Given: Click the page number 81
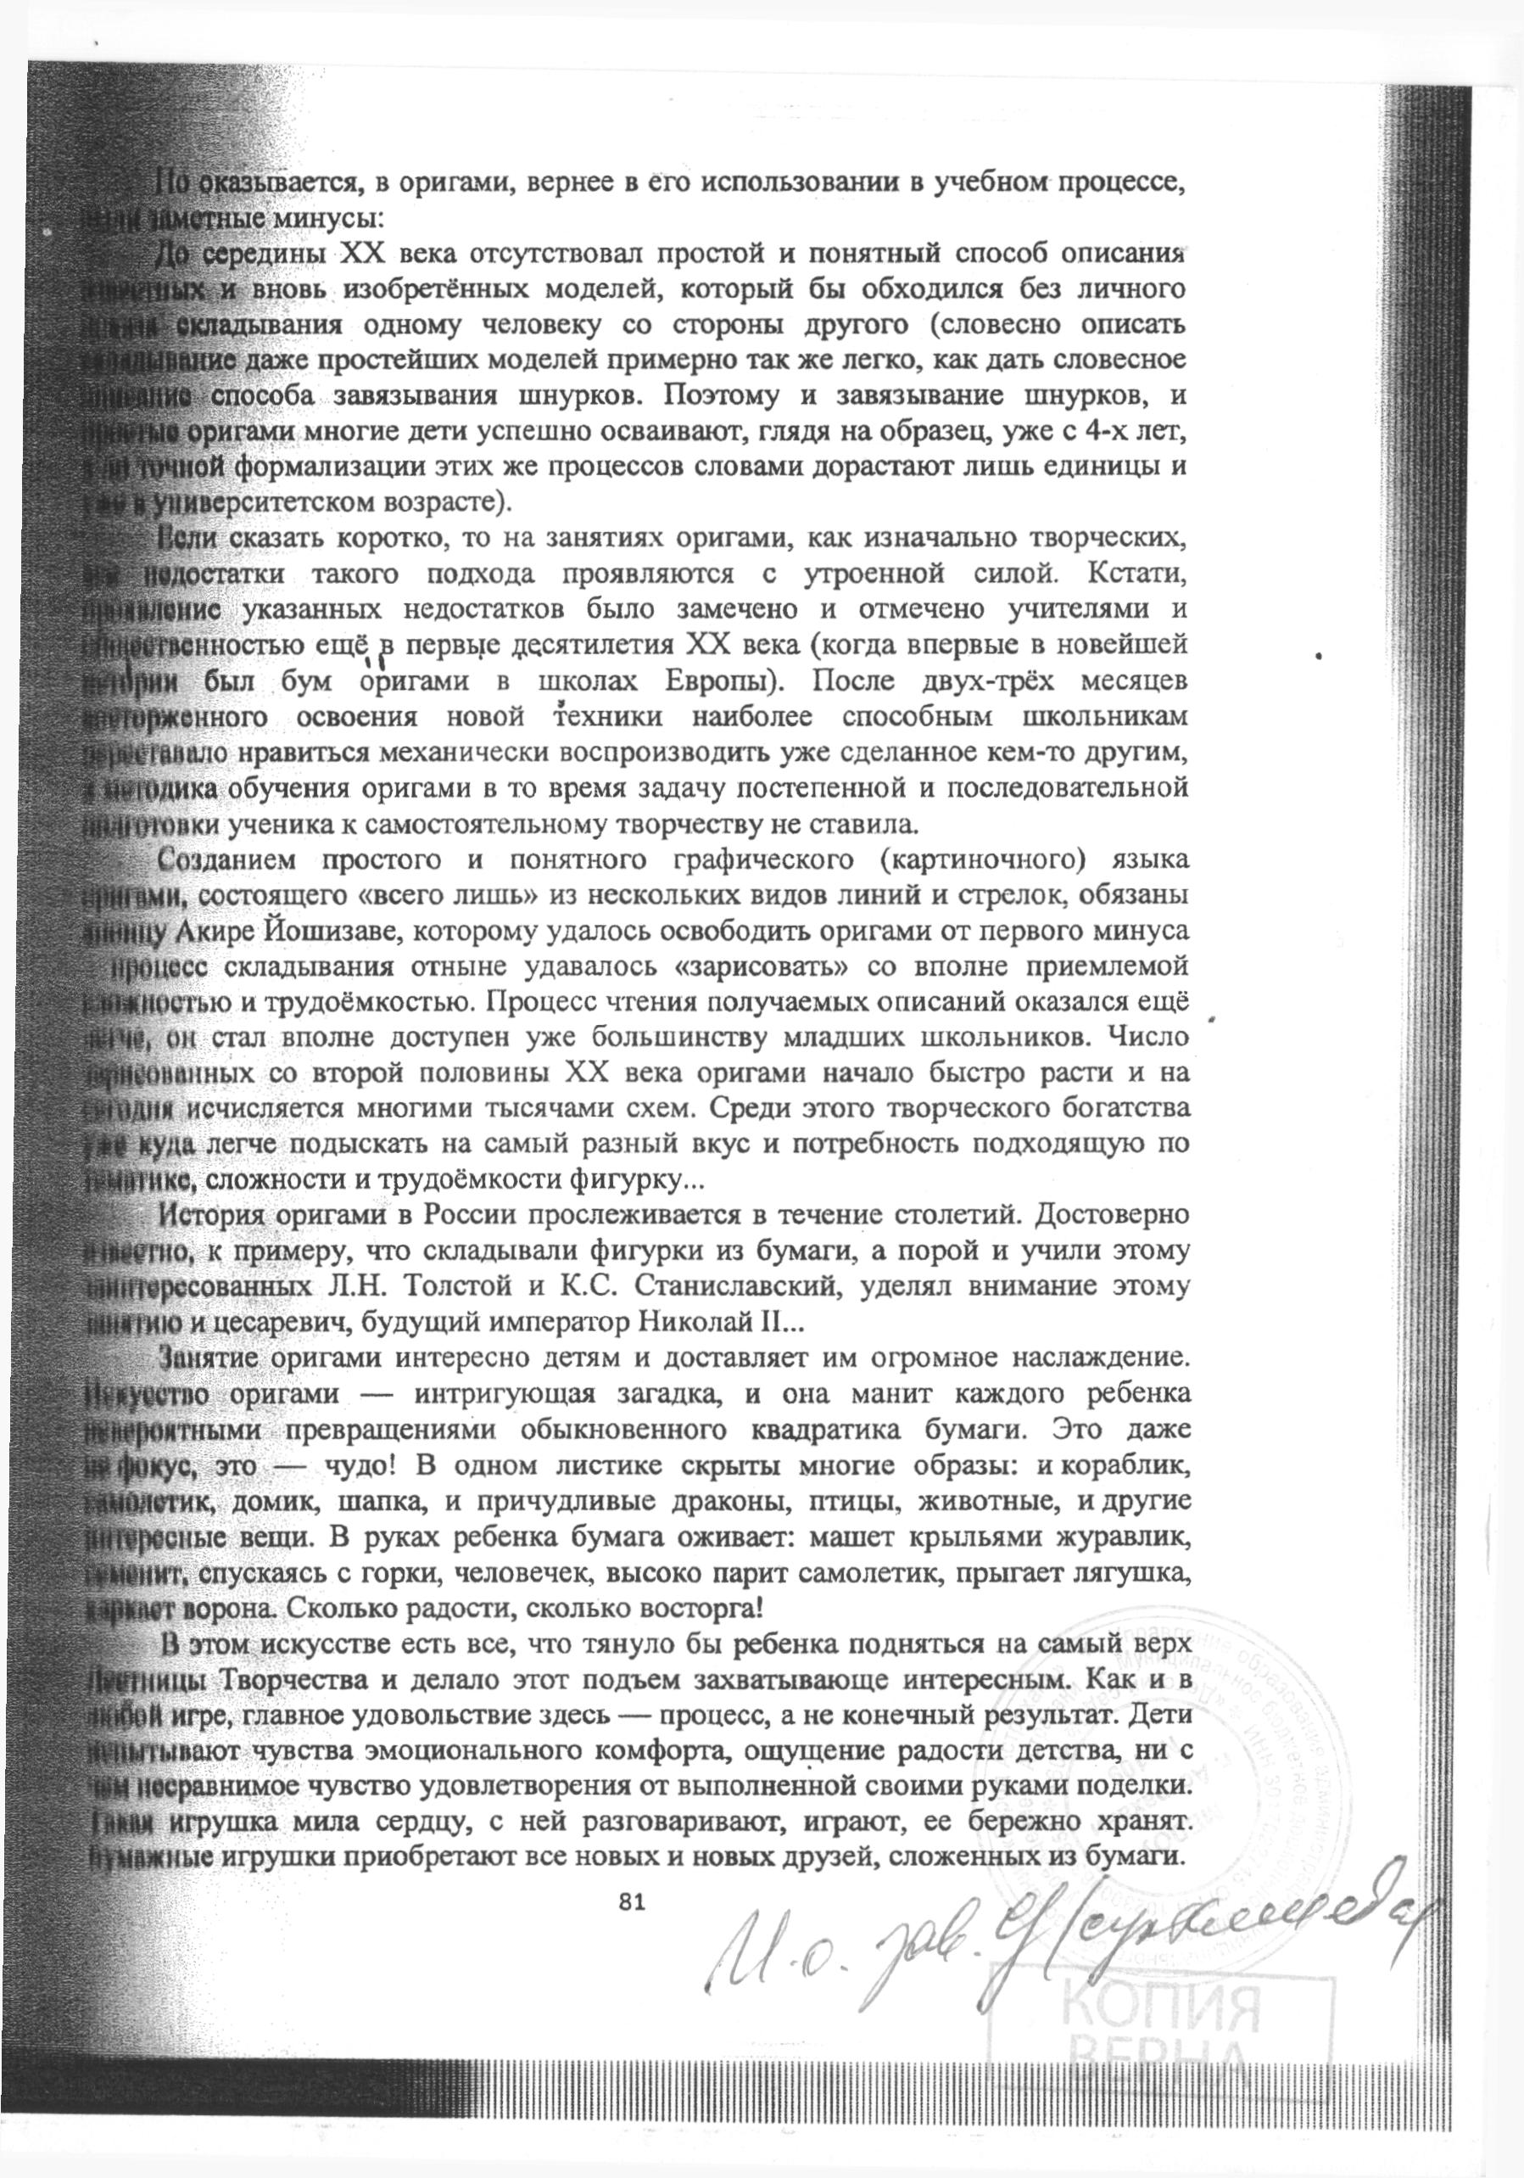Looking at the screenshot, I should point(631,1874).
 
